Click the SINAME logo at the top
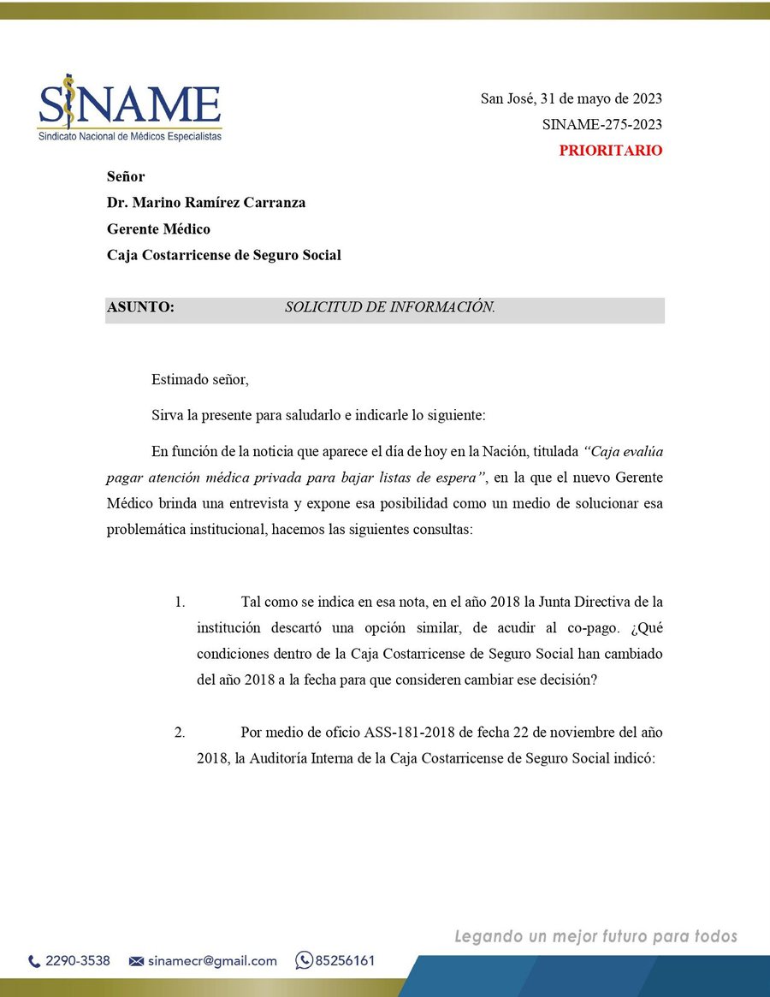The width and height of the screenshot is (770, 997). pyautogui.click(x=130, y=110)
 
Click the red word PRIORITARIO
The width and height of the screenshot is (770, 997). pyautogui.click(x=610, y=151)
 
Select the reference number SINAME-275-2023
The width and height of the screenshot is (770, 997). pyautogui.click(x=601, y=125)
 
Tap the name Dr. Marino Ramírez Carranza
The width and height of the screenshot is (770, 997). pyautogui.click(x=206, y=203)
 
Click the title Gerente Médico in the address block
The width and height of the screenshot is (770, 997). pyautogui.click(x=158, y=228)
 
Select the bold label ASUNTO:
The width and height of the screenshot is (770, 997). pyautogui.click(x=140, y=307)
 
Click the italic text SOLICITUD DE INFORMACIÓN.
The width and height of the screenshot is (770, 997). pyautogui.click(x=390, y=307)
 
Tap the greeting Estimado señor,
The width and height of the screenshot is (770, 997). pyautogui.click(x=199, y=379)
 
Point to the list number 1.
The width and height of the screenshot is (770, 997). pyautogui.click(x=180, y=602)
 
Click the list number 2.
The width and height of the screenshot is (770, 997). pyautogui.click(x=180, y=733)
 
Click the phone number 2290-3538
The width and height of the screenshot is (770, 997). pyautogui.click(x=77, y=961)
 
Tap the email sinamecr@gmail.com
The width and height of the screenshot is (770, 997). pyautogui.click(x=211, y=961)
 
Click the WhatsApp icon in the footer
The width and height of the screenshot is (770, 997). pyautogui.click(x=303, y=960)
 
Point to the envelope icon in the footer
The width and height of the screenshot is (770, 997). pyautogui.click(x=135, y=961)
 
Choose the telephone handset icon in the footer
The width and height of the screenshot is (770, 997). pyautogui.click(x=34, y=961)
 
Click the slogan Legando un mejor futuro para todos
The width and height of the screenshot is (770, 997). pyautogui.click(x=595, y=936)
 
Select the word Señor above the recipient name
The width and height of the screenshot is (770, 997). pyautogui.click(x=126, y=177)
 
